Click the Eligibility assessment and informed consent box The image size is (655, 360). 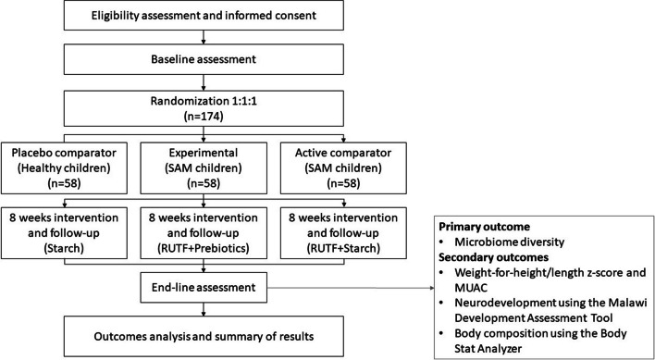pos(204,16)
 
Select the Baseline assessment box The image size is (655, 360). pos(204,59)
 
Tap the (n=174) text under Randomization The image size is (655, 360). pos(204,116)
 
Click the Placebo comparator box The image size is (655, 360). pos(64,168)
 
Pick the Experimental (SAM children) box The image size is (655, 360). pos(204,168)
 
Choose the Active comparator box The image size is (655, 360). pos(343,168)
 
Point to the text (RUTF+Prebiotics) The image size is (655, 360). pos(204,248)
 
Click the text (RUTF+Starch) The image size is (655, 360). pos(343,248)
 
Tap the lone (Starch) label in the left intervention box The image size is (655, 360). pos(64,248)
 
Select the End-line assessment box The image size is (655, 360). pos(204,287)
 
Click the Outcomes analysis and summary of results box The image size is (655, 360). pos(204,336)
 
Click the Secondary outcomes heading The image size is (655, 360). pos(493,257)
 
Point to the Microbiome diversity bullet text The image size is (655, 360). pos(510,242)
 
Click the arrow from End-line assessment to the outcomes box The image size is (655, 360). pos(351,287)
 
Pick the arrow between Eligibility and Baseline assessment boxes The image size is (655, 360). pos(204,37)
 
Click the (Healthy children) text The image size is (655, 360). pos(64,168)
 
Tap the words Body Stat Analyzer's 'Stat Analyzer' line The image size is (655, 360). pos(488,348)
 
